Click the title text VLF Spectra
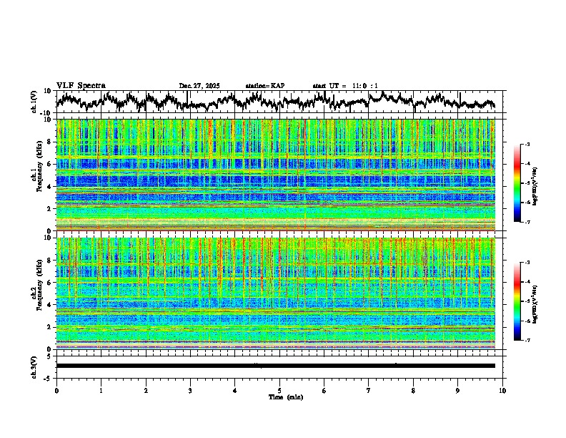click(81, 86)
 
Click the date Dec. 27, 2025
click(199, 86)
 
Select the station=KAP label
click(265, 86)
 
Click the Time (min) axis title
click(285, 396)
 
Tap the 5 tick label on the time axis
click(279, 390)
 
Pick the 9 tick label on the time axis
click(458, 390)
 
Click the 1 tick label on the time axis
click(101, 390)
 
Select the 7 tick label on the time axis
click(369, 390)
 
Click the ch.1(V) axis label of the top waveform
click(34, 102)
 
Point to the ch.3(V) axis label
click(34, 366)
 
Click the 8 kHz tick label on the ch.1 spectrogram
click(49, 142)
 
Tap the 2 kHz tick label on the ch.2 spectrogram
click(49, 327)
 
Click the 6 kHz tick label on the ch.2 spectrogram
click(49, 283)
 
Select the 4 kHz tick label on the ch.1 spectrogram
click(49, 187)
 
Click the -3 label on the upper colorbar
click(527, 145)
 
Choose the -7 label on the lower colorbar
click(527, 341)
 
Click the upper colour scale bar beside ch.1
click(517, 183)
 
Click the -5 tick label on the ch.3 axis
click(48, 376)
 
